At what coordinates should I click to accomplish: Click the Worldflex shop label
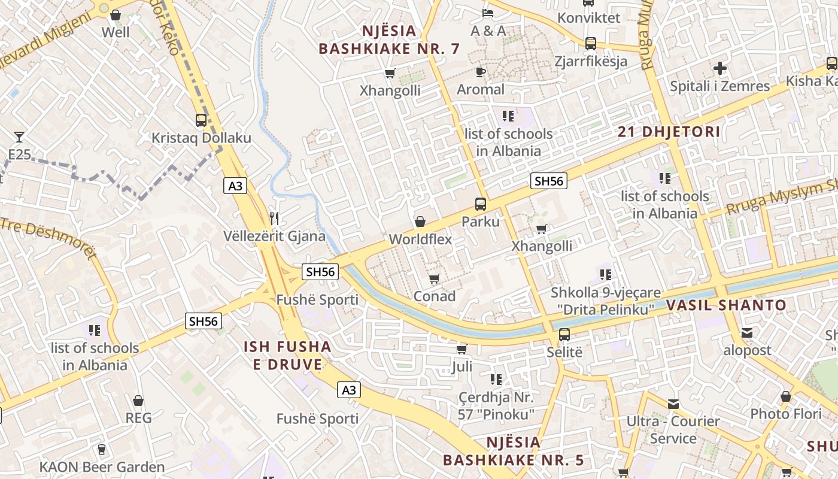coord(420,239)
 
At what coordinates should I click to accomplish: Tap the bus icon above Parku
coord(480,204)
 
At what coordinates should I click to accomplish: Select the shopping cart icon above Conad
coord(435,278)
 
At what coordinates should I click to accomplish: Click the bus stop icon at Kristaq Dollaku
coord(201,120)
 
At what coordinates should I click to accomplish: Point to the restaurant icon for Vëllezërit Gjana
coord(274,218)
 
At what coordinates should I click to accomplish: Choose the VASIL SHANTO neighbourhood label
coord(726,305)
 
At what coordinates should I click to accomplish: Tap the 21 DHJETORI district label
coord(669,132)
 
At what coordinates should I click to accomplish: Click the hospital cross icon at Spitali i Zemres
coord(720,68)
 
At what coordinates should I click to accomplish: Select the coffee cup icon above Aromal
coord(480,72)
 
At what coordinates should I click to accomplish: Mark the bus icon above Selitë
coord(564,334)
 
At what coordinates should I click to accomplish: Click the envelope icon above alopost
coord(747,333)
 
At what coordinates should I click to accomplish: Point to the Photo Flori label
coord(785,414)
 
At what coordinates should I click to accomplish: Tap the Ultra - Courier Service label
coord(673,430)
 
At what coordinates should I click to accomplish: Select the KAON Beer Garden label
coord(102,467)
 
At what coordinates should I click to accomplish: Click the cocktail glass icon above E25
coord(19,137)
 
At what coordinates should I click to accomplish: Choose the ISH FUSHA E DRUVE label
coord(287,355)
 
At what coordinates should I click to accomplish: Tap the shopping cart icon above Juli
coord(461,349)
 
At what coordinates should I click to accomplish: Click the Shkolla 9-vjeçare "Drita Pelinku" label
coord(606,301)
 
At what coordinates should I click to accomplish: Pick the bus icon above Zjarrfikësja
coord(590,43)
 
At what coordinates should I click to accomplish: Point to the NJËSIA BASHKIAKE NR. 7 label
coord(389,40)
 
